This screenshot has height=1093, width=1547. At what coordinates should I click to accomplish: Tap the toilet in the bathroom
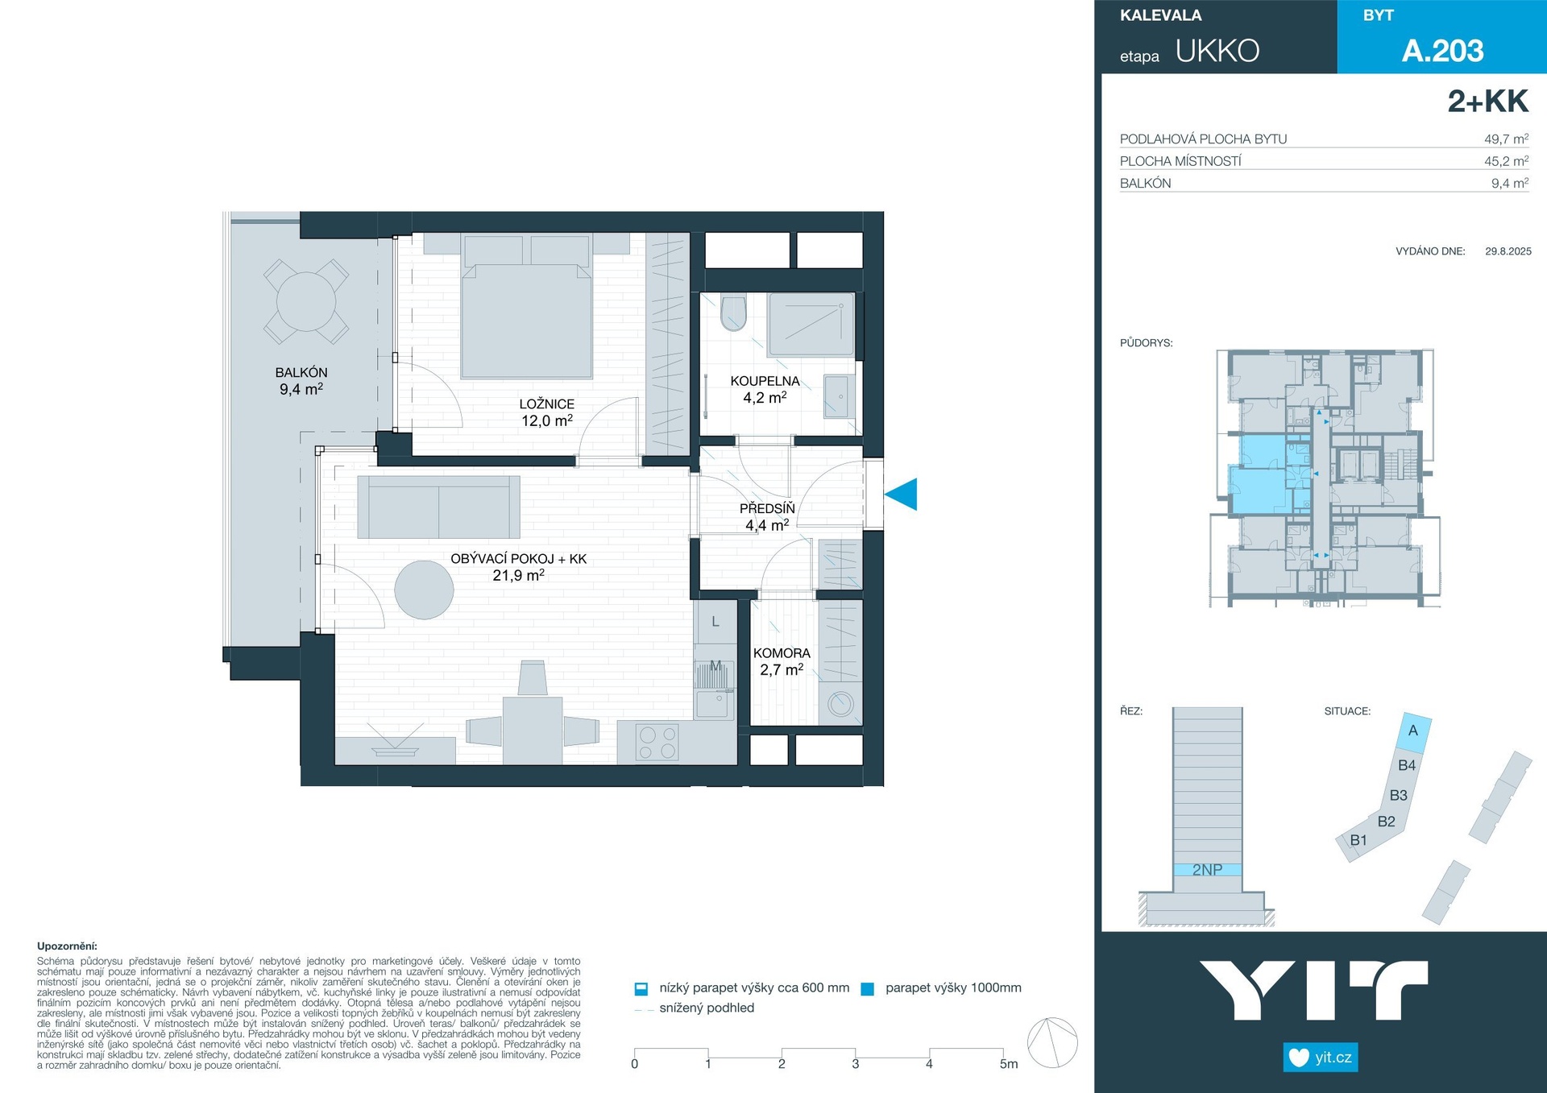[733, 313]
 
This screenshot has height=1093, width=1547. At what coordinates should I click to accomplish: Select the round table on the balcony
[306, 301]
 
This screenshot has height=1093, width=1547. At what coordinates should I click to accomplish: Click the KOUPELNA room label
[765, 381]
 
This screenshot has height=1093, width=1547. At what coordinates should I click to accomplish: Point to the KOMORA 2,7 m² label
[782, 661]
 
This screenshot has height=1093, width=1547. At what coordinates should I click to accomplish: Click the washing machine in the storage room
[840, 704]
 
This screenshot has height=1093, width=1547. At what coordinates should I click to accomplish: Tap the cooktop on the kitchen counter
[657, 742]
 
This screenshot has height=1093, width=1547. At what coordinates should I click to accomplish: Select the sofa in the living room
[438, 507]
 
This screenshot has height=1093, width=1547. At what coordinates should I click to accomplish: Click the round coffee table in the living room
[424, 590]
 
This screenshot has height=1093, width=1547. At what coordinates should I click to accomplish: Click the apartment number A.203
[1442, 51]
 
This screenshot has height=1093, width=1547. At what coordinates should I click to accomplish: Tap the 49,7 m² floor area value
[1506, 139]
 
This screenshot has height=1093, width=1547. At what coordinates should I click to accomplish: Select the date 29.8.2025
[1508, 251]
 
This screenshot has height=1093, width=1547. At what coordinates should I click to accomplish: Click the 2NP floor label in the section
[1207, 870]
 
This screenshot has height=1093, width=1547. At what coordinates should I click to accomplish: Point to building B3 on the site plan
[1399, 795]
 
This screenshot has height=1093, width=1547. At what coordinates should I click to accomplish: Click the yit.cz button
[1321, 1058]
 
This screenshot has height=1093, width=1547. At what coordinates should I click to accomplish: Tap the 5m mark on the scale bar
[1009, 1064]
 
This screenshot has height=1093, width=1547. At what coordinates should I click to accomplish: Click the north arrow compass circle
[1052, 1042]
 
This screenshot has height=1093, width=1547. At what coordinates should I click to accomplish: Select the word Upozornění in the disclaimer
[67, 946]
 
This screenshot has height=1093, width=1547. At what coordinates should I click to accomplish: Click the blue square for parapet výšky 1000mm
[868, 989]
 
